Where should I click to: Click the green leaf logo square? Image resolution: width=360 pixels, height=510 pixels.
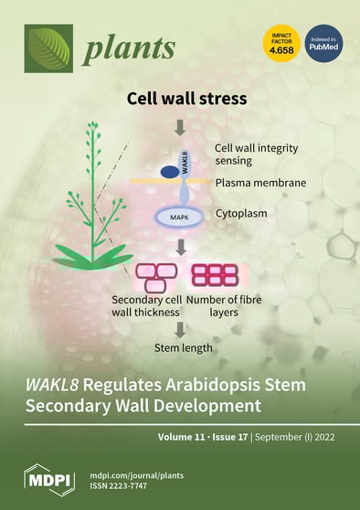click(x=48, y=48)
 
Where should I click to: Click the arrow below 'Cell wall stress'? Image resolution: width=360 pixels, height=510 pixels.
click(x=179, y=123)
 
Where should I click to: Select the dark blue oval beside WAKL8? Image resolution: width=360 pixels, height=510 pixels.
click(x=170, y=171)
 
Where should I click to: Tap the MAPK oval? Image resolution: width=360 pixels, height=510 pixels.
click(x=180, y=218)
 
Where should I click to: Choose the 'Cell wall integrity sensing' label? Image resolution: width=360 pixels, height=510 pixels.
click(x=255, y=154)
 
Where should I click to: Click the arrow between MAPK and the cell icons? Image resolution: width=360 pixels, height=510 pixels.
click(x=180, y=247)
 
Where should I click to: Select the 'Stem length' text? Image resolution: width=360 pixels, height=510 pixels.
click(x=181, y=347)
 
